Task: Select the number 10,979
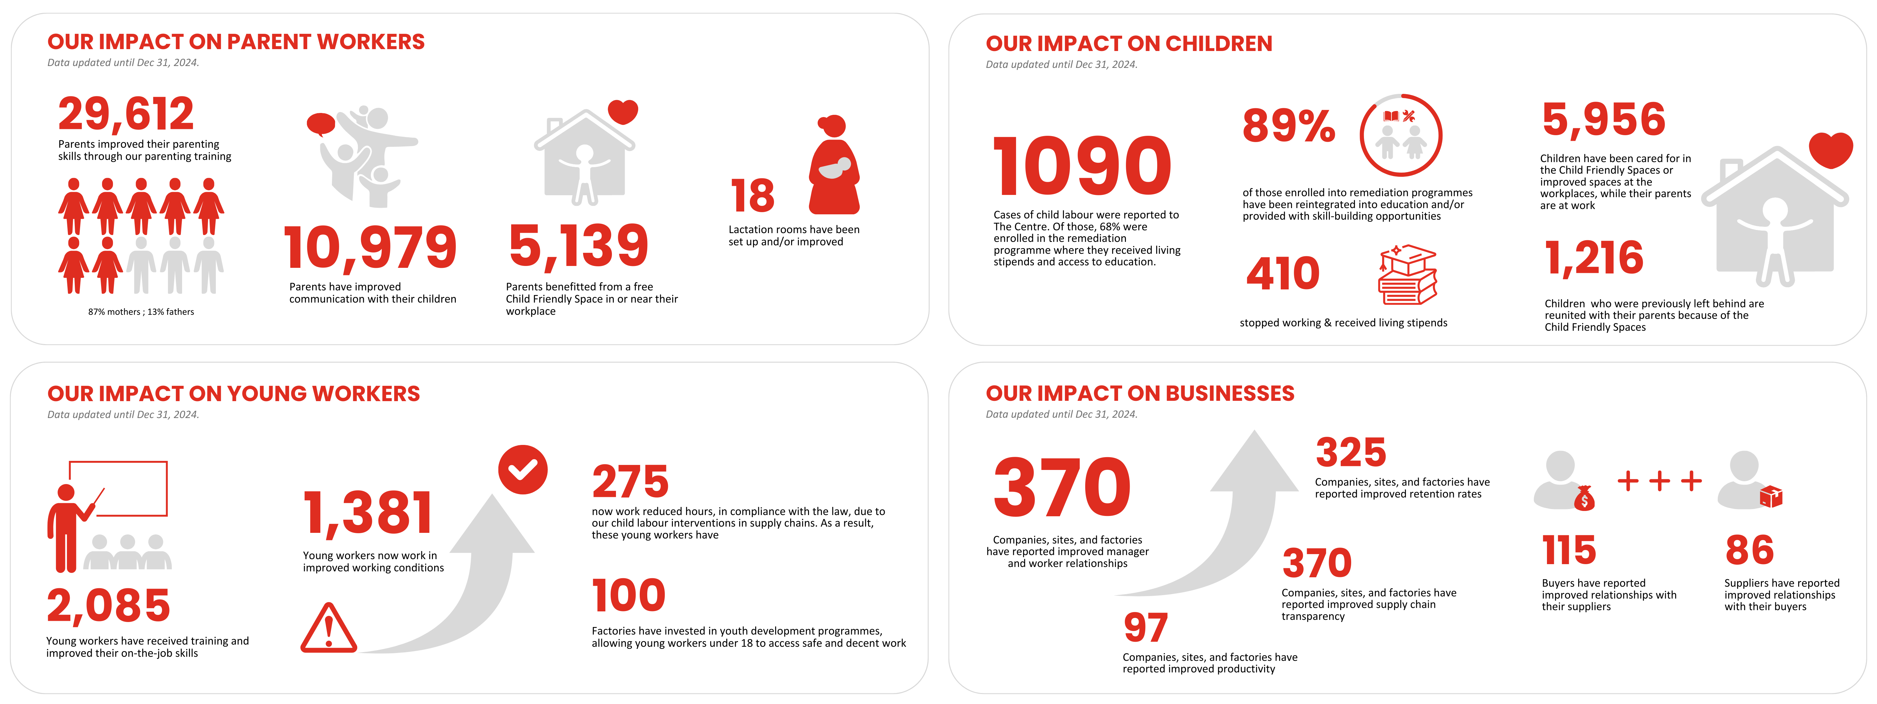(370, 248)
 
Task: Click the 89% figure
(1288, 125)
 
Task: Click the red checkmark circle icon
(522, 469)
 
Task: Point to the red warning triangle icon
(328, 628)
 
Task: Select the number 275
(630, 482)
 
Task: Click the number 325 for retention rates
(1351, 452)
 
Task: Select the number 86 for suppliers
(1749, 550)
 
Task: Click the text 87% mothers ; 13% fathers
(141, 312)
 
